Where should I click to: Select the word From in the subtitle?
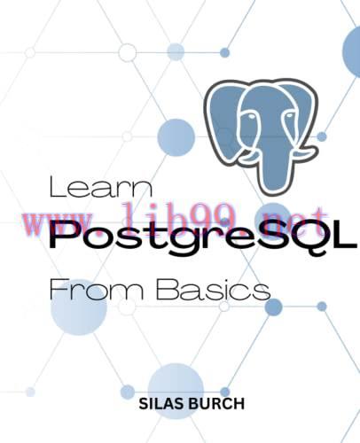point(83,289)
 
